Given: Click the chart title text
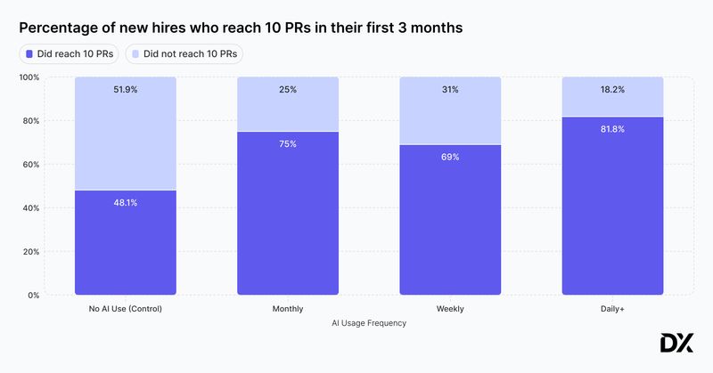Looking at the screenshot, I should click(241, 28).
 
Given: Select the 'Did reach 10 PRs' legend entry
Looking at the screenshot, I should click(70, 53).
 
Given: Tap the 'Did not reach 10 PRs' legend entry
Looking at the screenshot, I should click(184, 53).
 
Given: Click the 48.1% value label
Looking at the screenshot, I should click(125, 203).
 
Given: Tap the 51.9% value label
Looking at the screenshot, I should click(125, 90).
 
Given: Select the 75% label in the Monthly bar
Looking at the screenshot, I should click(287, 144).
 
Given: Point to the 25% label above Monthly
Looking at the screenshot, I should click(287, 90).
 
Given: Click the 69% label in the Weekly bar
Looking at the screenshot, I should click(450, 157).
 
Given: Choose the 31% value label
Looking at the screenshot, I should click(450, 90).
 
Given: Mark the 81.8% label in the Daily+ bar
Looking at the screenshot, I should click(612, 129).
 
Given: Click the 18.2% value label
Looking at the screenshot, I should click(612, 90).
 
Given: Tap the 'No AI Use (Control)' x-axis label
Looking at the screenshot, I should click(125, 309).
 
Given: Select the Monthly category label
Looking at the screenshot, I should click(287, 309).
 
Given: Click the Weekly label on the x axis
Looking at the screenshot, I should click(450, 309).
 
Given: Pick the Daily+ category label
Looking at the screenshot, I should click(612, 309).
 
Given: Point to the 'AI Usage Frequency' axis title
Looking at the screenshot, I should click(369, 323).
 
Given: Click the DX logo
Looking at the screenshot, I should click(676, 344).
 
